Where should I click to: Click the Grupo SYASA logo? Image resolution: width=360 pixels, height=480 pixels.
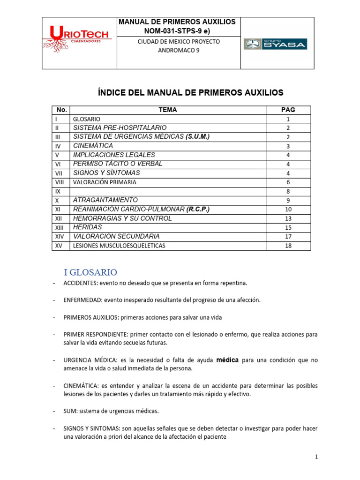click(x=275, y=44)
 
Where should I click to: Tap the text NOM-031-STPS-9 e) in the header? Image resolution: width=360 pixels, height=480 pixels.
click(x=178, y=31)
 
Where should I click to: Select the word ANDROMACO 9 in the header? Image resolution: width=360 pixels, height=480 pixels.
click(x=178, y=51)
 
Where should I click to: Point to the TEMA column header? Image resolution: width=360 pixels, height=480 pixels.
click(x=168, y=110)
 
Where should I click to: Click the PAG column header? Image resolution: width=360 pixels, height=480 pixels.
click(x=288, y=110)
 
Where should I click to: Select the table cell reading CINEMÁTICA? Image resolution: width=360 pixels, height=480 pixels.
click(x=93, y=146)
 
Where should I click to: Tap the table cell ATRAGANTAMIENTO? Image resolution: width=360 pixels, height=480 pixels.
click(x=105, y=200)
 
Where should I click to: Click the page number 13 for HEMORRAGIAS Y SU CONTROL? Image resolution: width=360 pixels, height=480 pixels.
click(x=288, y=218)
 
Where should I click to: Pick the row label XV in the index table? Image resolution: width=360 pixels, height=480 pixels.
click(x=59, y=246)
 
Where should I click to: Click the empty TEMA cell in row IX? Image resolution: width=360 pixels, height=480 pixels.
click(x=168, y=191)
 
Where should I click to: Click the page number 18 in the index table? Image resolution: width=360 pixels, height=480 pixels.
click(x=288, y=246)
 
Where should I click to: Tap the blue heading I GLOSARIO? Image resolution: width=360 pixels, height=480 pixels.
click(x=90, y=272)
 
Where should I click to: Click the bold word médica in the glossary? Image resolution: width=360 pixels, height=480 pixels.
click(x=227, y=360)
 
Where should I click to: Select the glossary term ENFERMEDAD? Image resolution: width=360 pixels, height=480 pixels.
click(x=82, y=300)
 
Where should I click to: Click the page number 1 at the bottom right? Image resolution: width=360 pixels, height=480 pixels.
click(x=316, y=457)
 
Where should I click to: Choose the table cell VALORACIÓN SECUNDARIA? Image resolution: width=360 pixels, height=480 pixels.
click(x=116, y=236)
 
